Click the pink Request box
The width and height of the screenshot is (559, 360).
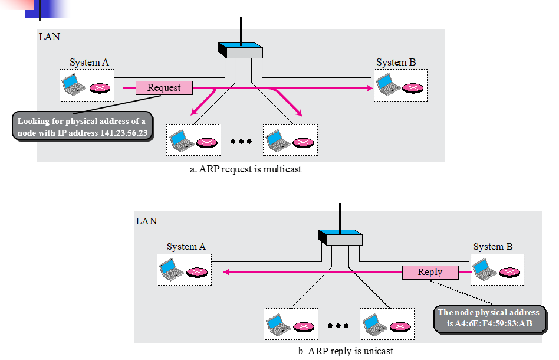(x=164, y=88)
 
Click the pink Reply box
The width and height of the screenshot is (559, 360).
(x=430, y=272)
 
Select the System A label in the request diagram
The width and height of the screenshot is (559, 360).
(x=89, y=63)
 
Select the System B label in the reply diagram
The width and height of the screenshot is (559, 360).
(x=493, y=247)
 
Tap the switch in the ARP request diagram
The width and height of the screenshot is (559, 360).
(x=241, y=50)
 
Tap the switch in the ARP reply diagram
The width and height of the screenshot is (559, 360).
(x=340, y=237)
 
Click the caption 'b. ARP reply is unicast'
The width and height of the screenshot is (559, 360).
(x=346, y=351)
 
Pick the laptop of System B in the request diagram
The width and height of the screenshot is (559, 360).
(x=387, y=86)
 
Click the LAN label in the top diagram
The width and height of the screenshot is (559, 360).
(x=49, y=37)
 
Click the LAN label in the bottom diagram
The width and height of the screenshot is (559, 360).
(x=146, y=221)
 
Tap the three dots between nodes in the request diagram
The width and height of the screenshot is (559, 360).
(x=241, y=142)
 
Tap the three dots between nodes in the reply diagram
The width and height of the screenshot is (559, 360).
(x=338, y=326)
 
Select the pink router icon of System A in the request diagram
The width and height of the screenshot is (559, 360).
(x=99, y=89)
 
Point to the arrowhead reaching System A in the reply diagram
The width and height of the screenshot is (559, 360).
(x=225, y=272)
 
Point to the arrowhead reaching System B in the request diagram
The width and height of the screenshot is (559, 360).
(x=370, y=88)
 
